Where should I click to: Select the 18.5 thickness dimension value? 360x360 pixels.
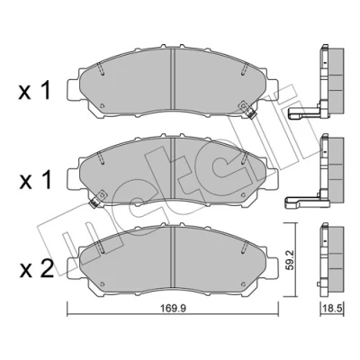(x=332, y=308)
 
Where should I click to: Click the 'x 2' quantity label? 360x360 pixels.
(x=37, y=269)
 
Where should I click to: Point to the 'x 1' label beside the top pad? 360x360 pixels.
(x=34, y=91)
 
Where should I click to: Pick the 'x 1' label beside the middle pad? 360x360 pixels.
(x=35, y=181)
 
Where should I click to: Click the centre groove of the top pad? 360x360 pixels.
(x=172, y=79)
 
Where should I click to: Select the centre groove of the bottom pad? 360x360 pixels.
(x=172, y=257)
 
